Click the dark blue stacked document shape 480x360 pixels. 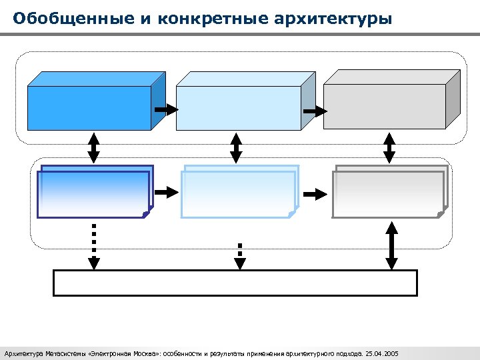(93, 194)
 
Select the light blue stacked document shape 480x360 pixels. (238, 194)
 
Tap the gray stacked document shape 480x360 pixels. (388, 194)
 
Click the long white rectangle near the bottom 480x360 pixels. (235, 283)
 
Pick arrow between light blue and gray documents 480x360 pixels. (315, 193)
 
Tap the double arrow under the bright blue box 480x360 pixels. (94, 147)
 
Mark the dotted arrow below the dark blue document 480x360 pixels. (94, 245)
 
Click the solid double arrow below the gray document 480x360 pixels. (392, 245)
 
